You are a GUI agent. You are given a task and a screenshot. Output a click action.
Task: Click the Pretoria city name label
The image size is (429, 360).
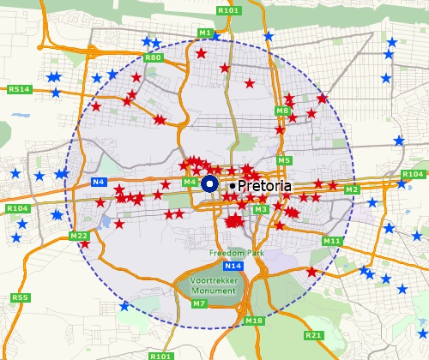265,185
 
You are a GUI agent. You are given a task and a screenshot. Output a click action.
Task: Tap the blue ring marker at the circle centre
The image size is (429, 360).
210,184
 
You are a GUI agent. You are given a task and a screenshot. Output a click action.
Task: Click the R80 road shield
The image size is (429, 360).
154,57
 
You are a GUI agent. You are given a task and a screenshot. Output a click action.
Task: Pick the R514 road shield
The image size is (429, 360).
18,89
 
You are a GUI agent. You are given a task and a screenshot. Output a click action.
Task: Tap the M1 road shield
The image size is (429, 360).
205,33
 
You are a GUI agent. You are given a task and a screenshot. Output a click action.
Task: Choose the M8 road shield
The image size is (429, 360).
283,111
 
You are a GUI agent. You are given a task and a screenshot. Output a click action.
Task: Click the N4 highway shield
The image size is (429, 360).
98,182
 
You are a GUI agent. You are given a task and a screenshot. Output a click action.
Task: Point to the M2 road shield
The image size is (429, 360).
351,189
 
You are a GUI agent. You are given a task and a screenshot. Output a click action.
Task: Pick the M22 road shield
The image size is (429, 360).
79,236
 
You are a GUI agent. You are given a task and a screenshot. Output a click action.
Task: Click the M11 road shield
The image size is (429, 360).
332,241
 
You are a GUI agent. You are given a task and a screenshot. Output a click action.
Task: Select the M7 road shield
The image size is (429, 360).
199,303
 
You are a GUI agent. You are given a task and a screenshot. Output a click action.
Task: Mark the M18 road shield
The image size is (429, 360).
253,321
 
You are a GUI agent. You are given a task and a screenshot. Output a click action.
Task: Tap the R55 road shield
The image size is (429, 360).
20,297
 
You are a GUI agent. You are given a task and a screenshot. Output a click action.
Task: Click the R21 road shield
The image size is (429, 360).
314,335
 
